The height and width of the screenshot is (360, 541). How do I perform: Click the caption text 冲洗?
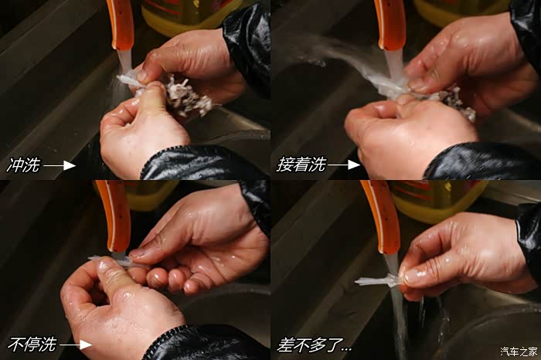coord(23,165)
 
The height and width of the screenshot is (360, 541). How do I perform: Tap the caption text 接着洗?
coord(301,165)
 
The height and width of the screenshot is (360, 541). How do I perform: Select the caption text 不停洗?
coord(32,344)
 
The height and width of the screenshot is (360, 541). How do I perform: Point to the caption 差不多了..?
coord(314,345)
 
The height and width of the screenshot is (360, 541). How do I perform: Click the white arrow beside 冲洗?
coord(60,165)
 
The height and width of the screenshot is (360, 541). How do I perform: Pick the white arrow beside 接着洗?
coord(344,165)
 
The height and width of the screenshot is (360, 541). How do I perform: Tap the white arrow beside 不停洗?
coord(76,345)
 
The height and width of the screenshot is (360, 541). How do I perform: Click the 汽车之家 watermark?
coord(519,352)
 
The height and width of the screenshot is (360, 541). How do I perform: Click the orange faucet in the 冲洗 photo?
coord(120,24)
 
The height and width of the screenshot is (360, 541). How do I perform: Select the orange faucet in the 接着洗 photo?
coord(390,24)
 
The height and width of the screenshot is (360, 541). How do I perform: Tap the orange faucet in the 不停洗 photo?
coord(114,216)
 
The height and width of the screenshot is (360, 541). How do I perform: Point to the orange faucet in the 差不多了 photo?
coord(381,217)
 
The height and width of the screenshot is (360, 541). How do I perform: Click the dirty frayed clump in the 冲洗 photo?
coord(186,97)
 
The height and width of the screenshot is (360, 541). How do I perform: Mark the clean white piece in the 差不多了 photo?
coord(377,280)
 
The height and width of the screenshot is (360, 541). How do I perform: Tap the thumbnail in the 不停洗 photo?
coord(104,265)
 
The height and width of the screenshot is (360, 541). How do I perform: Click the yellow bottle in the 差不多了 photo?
coord(438,200)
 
